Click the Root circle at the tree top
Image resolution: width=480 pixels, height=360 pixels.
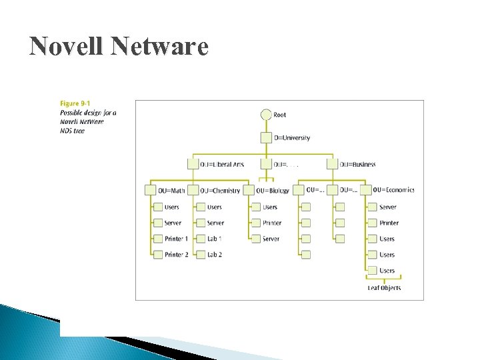(266, 115)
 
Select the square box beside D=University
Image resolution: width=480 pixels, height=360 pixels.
(266, 138)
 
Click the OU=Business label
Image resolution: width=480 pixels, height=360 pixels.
(357, 164)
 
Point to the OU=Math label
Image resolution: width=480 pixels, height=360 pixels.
(172, 191)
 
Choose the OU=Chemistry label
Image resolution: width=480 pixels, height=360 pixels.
(221, 191)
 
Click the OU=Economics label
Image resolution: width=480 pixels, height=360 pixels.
(393, 190)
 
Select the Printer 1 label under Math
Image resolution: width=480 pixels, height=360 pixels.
(176, 239)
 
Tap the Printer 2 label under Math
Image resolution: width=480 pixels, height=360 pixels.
(176, 255)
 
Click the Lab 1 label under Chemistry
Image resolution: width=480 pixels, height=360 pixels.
(214, 239)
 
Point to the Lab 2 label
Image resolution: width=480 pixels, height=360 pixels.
(214, 255)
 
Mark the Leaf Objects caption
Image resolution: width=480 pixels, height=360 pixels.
(384, 288)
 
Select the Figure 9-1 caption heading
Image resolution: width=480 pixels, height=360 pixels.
(75, 103)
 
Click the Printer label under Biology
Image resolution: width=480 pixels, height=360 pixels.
(272, 223)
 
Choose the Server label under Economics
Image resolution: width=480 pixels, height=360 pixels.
(387, 207)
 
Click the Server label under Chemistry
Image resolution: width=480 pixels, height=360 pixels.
(215, 223)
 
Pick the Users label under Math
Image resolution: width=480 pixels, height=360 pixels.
(172, 207)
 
